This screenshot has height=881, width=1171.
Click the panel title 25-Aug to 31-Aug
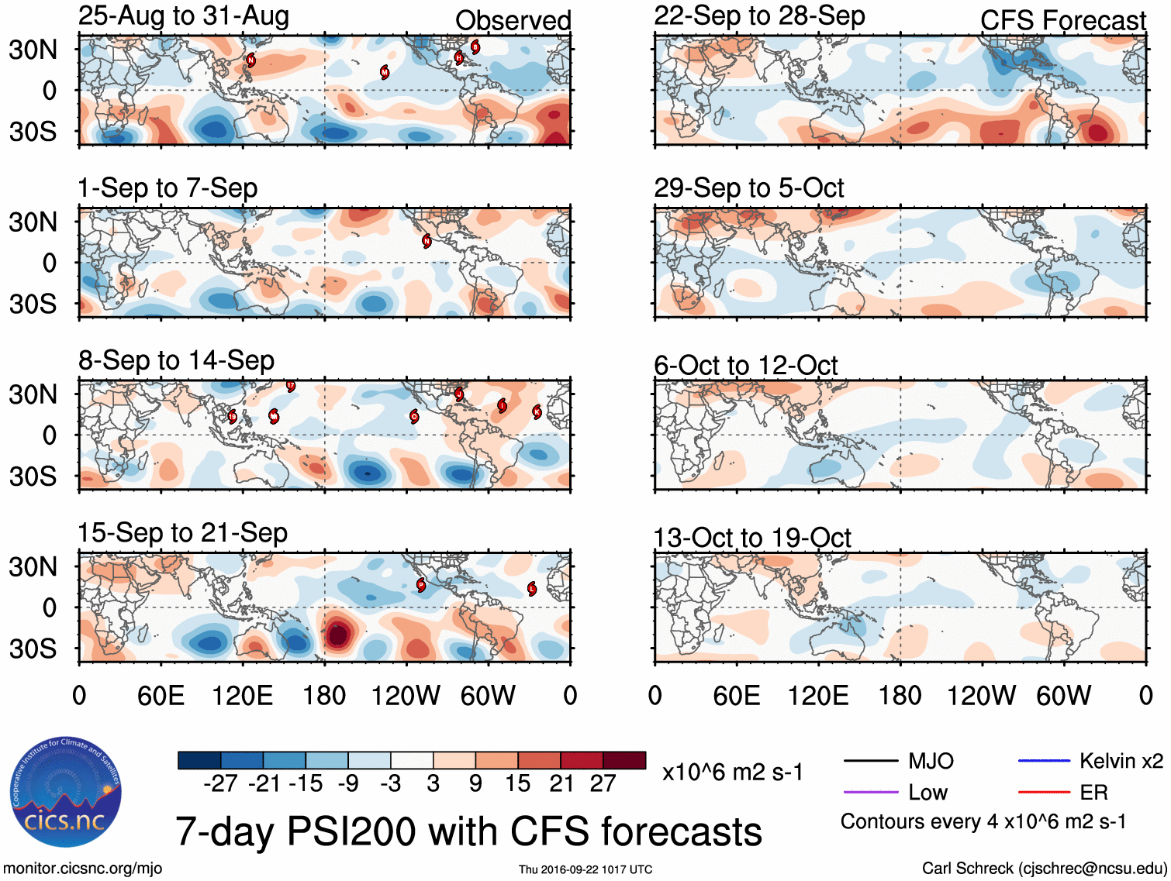tap(184, 16)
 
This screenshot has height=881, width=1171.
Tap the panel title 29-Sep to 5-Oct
tap(748, 188)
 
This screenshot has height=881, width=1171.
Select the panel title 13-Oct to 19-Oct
tap(751, 537)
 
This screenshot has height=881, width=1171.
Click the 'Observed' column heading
tap(513, 21)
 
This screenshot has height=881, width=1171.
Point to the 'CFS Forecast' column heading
tap(1062, 21)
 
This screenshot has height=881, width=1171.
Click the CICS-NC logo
tap(65, 793)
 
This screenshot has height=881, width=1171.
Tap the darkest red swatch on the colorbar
tap(624, 760)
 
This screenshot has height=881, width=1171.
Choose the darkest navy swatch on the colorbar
tap(199, 760)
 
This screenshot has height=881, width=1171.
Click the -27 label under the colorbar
tap(220, 784)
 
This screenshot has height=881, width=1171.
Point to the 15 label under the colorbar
tap(517, 784)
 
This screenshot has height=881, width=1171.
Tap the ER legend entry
tap(1093, 792)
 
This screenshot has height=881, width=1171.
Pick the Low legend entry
tap(927, 792)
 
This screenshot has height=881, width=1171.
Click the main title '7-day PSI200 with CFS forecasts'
tap(468, 831)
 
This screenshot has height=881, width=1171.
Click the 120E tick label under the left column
tap(242, 695)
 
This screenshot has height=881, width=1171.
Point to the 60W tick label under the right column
tap(1063, 695)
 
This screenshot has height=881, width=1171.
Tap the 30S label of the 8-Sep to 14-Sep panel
tap(33, 476)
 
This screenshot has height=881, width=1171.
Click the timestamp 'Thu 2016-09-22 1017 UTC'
tap(585, 869)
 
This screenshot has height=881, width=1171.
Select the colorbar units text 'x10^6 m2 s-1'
tap(732, 772)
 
